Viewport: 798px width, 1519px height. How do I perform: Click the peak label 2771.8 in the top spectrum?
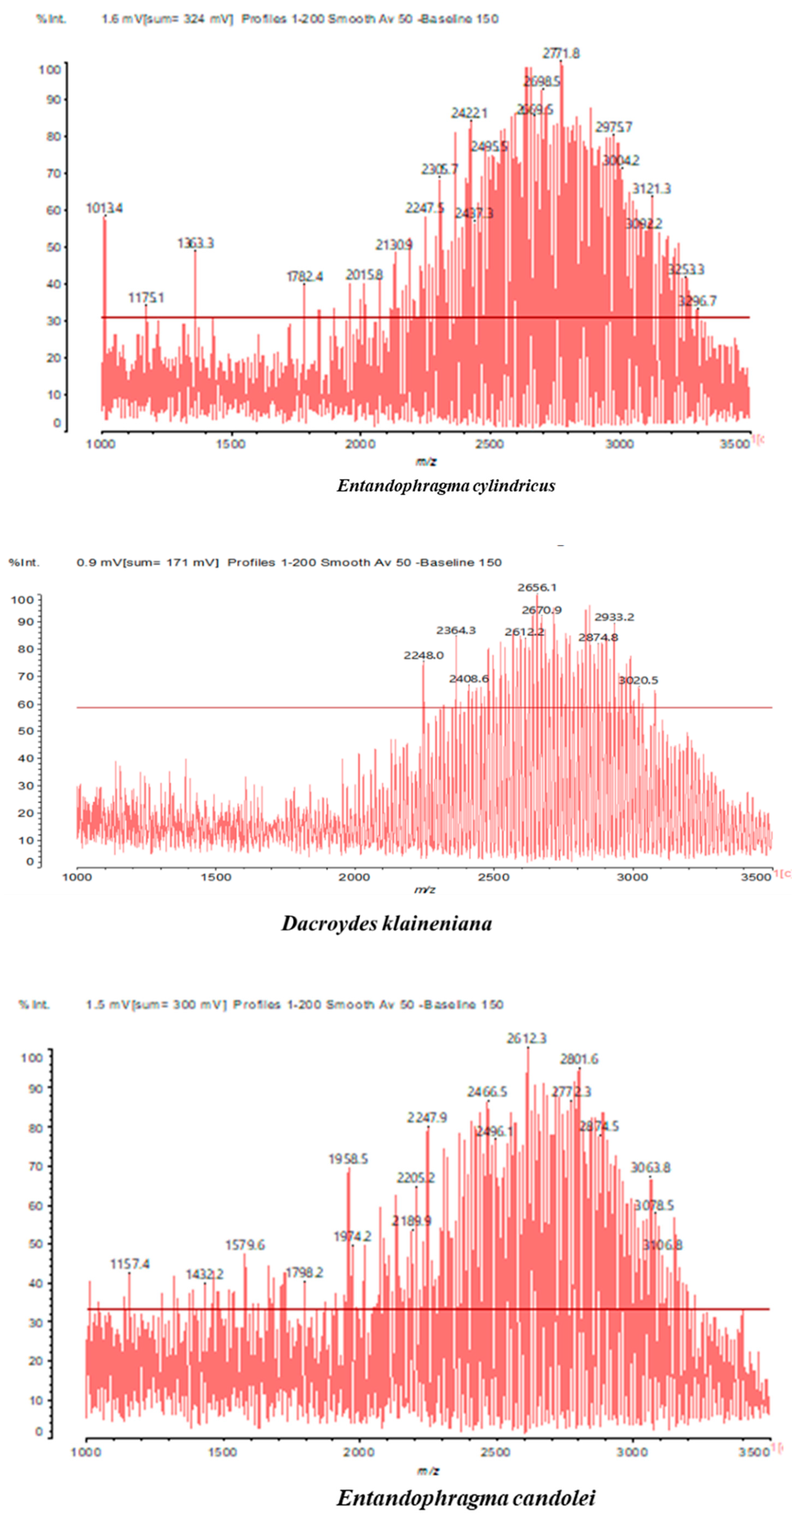point(561,54)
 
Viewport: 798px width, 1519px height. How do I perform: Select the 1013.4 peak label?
point(104,208)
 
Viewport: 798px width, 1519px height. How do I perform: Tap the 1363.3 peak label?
point(195,243)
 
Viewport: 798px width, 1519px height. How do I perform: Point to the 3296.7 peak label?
point(697,301)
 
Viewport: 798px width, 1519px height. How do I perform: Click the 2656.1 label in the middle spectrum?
point(537,587)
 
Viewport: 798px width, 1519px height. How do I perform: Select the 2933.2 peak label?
point(614,617)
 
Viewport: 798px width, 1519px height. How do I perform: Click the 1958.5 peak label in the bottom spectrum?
point(348,1159)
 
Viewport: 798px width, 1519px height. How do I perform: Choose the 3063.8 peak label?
point(651,1168)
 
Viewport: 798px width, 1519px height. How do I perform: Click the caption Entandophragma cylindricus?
point(446,486)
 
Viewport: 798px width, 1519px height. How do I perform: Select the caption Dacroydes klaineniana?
point(386,923)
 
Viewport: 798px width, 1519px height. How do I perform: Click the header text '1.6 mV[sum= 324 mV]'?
point(167,19)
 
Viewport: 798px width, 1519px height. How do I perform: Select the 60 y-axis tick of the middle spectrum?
point(26,704)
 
